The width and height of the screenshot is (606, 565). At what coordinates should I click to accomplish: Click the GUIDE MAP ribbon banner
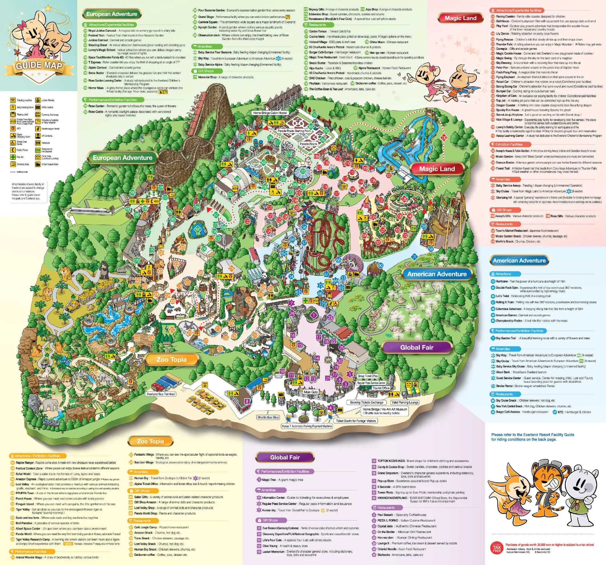click(39, 65)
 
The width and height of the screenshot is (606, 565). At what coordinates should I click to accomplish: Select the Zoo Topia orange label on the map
click(171, 359)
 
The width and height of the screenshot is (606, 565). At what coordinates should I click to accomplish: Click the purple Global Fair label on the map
click(416, 347)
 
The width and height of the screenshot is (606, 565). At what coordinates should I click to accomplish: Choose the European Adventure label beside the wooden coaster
click(122, 158)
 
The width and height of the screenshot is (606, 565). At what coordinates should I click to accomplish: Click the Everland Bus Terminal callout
click(161, 394)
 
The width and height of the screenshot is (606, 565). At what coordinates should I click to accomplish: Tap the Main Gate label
click(311, 392)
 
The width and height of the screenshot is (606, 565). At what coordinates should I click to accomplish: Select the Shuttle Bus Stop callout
click(268, 417)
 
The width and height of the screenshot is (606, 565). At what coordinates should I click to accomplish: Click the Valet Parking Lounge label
click(405, 402)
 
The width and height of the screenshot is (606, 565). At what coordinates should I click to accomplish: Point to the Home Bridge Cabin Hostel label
click(270, 113)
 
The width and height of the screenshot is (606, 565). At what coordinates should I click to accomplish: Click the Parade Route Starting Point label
click(294, 131)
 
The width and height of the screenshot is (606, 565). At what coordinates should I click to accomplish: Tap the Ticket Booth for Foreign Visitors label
click(356, 421)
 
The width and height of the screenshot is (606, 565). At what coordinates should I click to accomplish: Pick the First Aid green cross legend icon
click(13, 157)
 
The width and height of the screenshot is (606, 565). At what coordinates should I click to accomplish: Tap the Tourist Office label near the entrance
click(381, 388)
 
